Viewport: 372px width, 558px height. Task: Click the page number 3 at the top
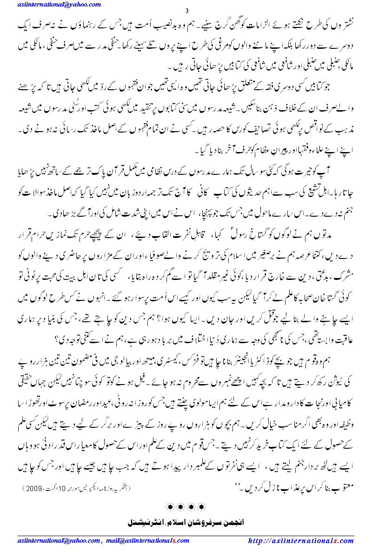[x=186, y=12]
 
